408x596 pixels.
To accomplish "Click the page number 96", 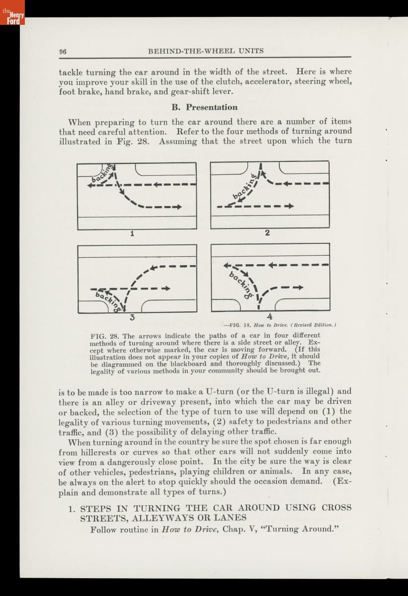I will (63, 51).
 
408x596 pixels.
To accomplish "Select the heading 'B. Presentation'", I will (205, 107).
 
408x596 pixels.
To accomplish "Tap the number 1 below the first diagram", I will (132, 234).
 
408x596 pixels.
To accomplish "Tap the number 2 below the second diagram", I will (267, 234).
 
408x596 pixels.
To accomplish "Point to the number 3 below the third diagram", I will (132, 316).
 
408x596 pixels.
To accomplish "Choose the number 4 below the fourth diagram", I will (269, 316).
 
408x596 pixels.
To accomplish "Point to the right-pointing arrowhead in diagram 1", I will (176, 207).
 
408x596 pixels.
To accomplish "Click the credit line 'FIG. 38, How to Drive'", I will (280, 325).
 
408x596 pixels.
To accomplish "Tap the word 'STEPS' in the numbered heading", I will (97, 508).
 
